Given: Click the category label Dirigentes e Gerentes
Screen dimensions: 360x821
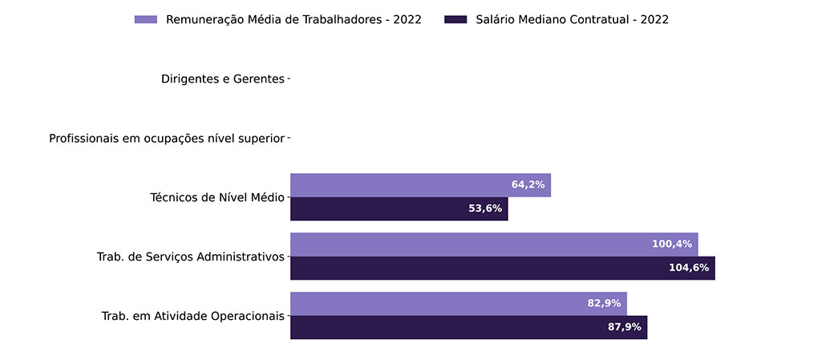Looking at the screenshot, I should pyautogui.click(x=222, y=79).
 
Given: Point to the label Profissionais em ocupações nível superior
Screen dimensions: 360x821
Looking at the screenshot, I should pyautogui.click(x=167, y=138).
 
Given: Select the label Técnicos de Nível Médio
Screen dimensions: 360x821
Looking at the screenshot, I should pyautogui.click(x=217, y=197).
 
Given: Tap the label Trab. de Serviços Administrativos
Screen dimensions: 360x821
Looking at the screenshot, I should pyautogui.click(x=191, y=257).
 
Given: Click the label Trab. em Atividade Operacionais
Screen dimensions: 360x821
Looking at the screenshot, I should pyautogui.click(x=192, y=316).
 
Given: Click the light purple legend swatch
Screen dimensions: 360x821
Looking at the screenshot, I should pyautogui.click(x=146, y=19).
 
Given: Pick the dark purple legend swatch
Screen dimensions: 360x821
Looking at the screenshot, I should pyautogui.click(x=455, y=19).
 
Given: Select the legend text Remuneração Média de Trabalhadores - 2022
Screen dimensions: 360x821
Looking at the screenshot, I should pyautogui.click(x=293, y=19).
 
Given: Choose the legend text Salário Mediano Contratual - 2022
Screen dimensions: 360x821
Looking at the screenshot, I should pyautogui.click(x=571, y=19).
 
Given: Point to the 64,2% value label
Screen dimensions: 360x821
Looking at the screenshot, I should pyautogui.click(x=528, y=185).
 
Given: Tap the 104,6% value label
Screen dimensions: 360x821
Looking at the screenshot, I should pyautogui.click(x=689, y=268).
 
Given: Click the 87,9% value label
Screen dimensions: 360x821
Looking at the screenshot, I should pyautogui.click(x=625, y=327).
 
